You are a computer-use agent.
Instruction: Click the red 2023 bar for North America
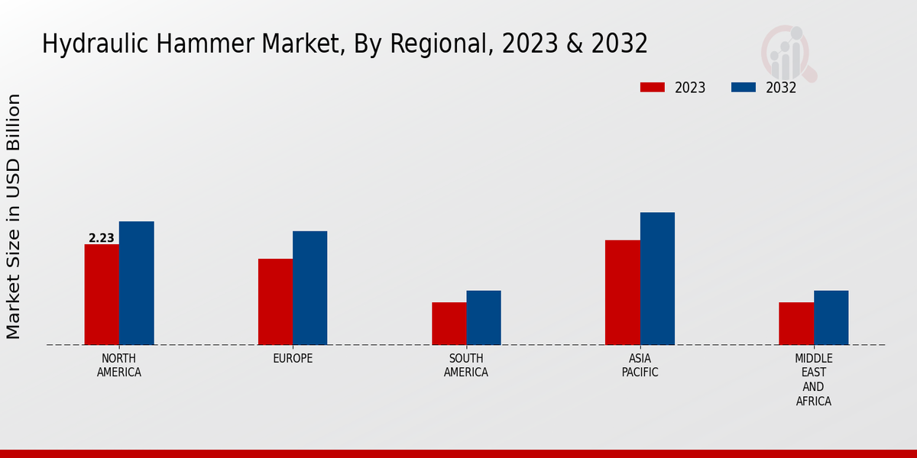[x=102, y=295]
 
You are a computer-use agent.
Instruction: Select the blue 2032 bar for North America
[x=137, y=283]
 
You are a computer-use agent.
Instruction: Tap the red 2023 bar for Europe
[x=275, y=302]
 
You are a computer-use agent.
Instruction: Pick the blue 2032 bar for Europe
[x=310, y=288]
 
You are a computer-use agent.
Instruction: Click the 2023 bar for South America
[x=449, y=324]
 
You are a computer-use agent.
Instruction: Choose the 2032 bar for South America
[x=484, y=318]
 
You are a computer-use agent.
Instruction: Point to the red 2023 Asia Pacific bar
[x=623, y=292]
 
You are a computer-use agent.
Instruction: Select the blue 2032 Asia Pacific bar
[x=657, y=279]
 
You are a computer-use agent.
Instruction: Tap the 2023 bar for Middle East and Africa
[x=796, y=324]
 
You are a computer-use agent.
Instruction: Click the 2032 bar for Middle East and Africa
[x=831, y=318]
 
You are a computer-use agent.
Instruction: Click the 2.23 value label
[x=102, y=238]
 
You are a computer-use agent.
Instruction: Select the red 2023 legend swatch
[x=653, y=88]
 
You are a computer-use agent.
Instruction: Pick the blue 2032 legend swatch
[x=744, y=88]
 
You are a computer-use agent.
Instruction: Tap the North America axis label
[x=119, y=366]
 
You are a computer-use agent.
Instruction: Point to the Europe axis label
[x=293, y=359]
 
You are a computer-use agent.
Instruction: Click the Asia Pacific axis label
[x=640, y=366]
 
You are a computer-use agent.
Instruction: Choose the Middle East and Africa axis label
[x=814, y=380]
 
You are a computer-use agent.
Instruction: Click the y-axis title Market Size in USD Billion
[x=14, y=217]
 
